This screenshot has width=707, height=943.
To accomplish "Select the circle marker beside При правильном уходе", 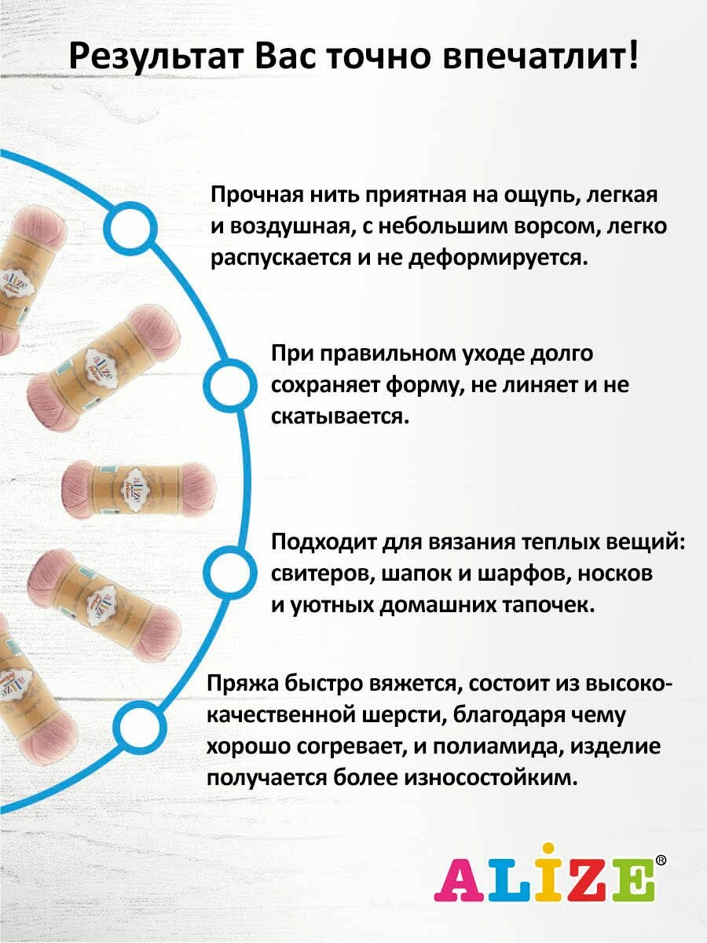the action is click(230, 385).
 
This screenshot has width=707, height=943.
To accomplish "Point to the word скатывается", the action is click(340, 417).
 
